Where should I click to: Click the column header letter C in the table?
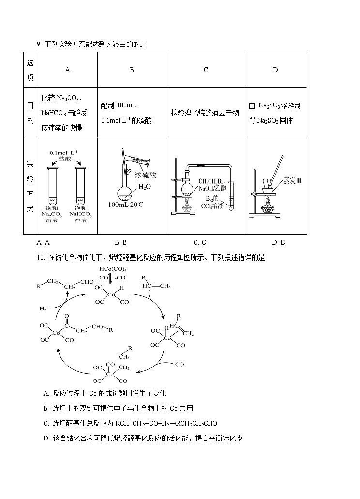[206, 70]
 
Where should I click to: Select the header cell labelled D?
[275, 70]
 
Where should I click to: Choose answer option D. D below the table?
[279, 242]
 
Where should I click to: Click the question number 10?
[40, 258]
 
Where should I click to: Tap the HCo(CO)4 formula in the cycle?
[113, 269]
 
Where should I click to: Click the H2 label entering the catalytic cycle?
[43, 308]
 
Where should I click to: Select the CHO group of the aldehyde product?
[87, 282]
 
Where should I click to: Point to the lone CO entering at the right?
[179, 365]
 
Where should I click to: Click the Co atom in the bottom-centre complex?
[110, 374]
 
